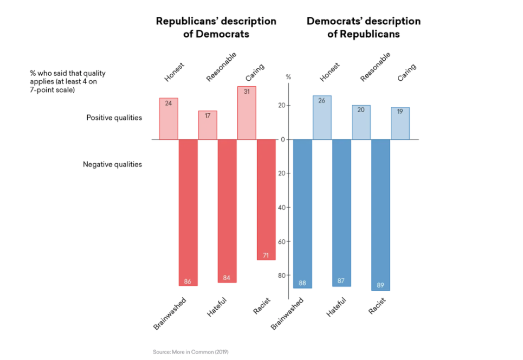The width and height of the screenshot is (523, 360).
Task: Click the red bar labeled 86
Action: tap(188, 212)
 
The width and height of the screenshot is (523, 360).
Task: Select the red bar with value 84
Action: tap(227, 210)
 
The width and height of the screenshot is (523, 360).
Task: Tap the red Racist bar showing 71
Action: tap(266, 200)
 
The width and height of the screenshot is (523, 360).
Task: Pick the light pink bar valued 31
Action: tap(247, 113)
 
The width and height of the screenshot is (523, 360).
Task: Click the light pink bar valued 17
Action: tap(208, 125)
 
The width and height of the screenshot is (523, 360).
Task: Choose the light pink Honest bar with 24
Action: tap(169, 119)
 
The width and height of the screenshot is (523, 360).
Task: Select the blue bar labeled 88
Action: tap(302, 214)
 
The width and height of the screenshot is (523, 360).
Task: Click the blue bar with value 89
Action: tap(380, 215)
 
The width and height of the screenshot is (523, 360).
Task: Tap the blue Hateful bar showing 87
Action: tap(341, 213)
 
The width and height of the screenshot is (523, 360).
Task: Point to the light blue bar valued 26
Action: tap(322, 118)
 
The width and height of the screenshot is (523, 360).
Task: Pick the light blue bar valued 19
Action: tap(400, 123)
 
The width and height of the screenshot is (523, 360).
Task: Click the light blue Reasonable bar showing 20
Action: tap(361, 123)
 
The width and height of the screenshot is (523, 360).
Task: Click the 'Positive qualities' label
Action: tap(114, 117)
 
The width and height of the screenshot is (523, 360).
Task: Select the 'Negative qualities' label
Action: tap(112, 164)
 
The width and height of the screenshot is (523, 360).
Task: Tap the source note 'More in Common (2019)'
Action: tap(190, 352)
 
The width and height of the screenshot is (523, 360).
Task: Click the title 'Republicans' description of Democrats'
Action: tap(216, 27)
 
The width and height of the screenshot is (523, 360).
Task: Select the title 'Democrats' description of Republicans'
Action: tap(363, 27)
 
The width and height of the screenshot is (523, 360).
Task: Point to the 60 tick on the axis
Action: tap(281, 241)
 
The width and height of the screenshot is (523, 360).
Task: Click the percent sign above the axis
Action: tap(288, 77)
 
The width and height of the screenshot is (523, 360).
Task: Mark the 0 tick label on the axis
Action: tap(283, 140)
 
